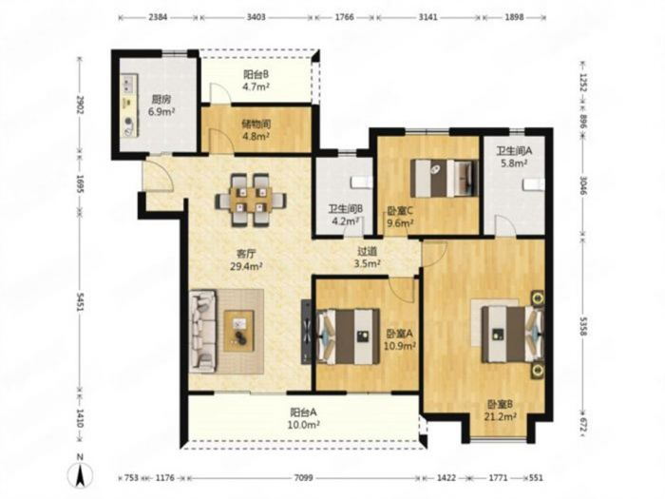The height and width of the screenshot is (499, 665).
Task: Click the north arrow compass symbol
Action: pyautogui.click(x=80, y=471)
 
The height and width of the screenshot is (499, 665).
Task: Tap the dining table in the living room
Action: pyautogui.click(x=251, y=200)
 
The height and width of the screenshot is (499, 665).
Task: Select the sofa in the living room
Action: pyautogui.click(x=203, y=331)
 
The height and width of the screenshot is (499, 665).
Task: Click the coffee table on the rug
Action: pyautogui.click(x=239, y=331)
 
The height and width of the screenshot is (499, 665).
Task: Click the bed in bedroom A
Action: pyautogui.click(x=348, y=336)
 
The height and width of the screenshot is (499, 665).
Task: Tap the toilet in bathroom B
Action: pyautogui.click(x=361, y=182)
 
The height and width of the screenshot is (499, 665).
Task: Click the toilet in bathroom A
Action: pyautogui.click(x=534, y=185)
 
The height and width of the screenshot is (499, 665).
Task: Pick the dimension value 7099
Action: pyautogui.click(x=303, y=478)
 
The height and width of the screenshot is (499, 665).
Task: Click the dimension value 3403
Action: pyautogui.click(x=256, y=17)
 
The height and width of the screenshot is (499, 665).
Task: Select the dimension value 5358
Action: pyautogui.click(x=583, y=326)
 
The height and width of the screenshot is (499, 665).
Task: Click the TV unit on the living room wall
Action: pyautogui.click(x=306, y=331)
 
